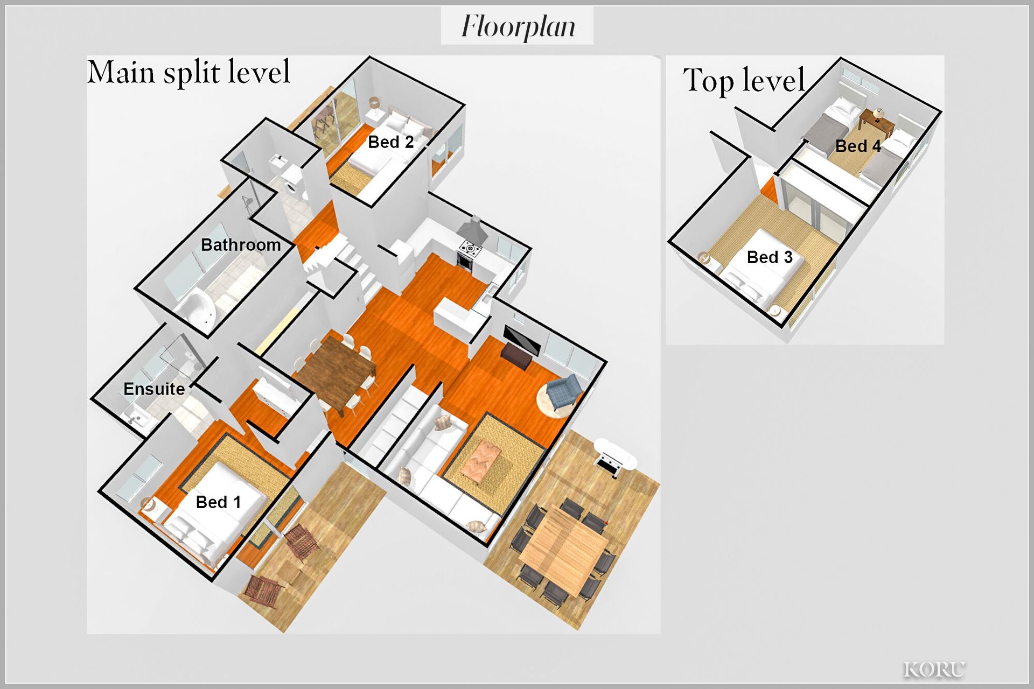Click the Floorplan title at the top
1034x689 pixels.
(518, 26)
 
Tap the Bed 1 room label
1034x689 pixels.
(218, 502)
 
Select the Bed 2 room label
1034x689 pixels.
(390, 142)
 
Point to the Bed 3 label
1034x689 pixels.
(770, 257)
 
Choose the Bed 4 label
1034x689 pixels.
(858, 146)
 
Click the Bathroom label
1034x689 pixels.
(241, 245)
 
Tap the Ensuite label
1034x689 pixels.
(154, 389)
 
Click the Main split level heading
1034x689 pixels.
(188, 72)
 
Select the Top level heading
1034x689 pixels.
(744, 80)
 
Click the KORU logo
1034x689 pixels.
(934, 669)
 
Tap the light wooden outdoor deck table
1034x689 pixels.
(563, 549)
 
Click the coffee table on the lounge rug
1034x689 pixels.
(481, 457)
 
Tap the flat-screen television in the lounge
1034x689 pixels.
(521, 340)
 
